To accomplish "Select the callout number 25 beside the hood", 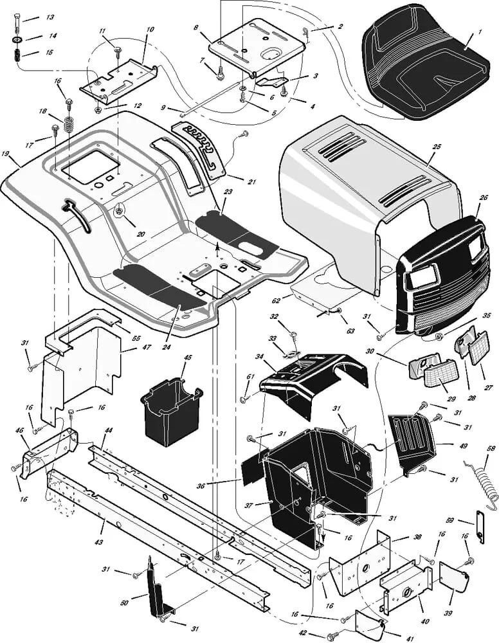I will [437, 147].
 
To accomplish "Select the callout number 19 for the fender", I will [6, 154].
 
